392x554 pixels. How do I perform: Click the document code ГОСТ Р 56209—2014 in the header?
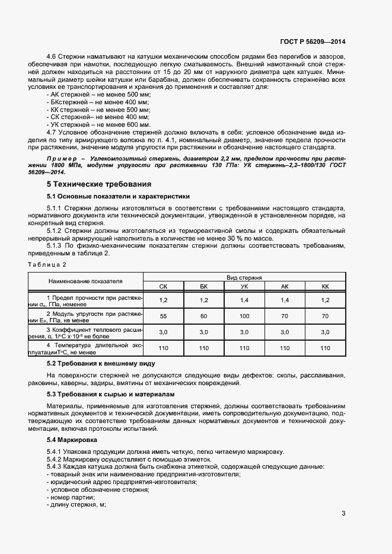313,42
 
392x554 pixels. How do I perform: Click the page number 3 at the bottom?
343,514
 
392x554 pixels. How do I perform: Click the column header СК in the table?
164,286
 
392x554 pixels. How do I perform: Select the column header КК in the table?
324,286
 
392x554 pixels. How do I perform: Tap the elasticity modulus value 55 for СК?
164,316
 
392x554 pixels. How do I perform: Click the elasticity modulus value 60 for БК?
204,316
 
